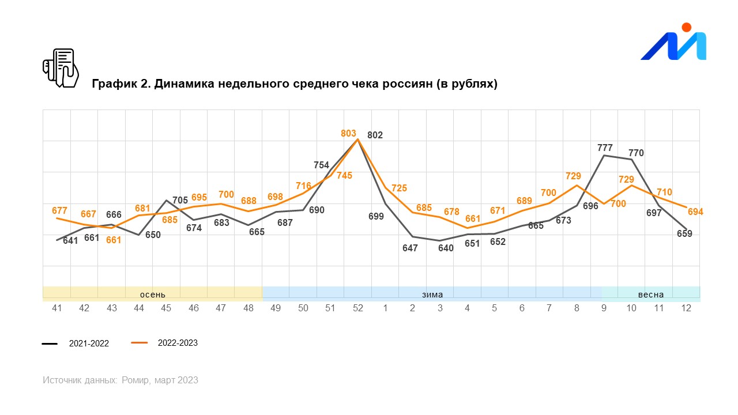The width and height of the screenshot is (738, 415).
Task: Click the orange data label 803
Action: (348, 133)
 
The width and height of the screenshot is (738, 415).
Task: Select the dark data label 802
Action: (375, 135)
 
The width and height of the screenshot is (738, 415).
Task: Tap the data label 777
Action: (605, 148)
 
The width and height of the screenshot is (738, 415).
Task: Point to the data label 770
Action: (636, 153)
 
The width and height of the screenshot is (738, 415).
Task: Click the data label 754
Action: (321, 165)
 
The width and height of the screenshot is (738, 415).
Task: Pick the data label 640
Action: (446, 248)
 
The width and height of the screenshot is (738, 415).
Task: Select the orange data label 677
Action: (59, 210)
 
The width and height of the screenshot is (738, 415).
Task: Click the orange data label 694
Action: (695, 212)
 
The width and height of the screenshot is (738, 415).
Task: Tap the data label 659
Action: (684, 233)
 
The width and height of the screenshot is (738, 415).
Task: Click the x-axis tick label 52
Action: (358, 308)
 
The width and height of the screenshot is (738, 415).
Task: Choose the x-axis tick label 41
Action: (57, 308)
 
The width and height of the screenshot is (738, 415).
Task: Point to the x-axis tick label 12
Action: (686, 308)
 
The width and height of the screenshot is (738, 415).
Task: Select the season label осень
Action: (153, 295)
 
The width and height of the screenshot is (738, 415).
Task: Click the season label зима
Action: (432, 295)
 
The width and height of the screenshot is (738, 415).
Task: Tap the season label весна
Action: (651, 295)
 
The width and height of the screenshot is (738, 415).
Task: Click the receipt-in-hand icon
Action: (61, 68)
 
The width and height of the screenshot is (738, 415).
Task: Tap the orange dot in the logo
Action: (687, 27)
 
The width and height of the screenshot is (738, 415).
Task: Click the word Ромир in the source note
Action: (135, 380)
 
